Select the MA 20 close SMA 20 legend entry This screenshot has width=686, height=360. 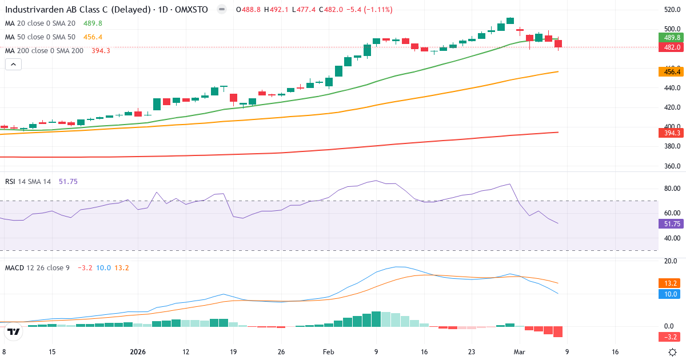[40, 23]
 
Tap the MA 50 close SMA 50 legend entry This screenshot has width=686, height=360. [40, 37]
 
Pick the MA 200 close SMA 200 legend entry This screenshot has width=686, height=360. [44, 50]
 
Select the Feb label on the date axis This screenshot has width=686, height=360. [328, 352]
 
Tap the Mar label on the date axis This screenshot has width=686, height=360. [518, 352]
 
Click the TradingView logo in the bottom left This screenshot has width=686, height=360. [14, 331]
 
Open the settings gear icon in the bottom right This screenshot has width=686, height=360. [673, 352]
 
